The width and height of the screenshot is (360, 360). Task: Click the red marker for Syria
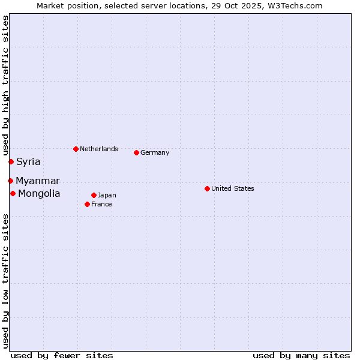(x=11, y=161)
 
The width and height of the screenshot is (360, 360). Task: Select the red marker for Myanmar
(x=10, y=181)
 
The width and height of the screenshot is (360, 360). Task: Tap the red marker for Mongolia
(x=13, y=193)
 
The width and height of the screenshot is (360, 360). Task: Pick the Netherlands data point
(x=76, y=149)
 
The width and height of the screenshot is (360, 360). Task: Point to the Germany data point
(x=136, y=152)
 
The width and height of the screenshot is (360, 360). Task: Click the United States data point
(x=207, y=188)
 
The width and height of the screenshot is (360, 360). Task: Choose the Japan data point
(x=94, y=195)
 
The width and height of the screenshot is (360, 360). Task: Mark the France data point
(x=87, y=204)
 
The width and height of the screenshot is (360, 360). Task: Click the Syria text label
(x=28, y=161)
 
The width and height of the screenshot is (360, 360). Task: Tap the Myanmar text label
(x=38, y=181)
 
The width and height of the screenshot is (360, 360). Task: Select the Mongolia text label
(x=39, y=193)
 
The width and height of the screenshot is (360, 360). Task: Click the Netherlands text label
(x=99, y=149)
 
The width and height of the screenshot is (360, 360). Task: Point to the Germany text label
(x=155, y=152)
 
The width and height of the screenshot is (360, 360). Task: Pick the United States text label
(x=233, y=188)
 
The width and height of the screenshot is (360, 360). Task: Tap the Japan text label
(x=107, y=195)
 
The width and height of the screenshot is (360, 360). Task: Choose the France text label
(x=101, y=204)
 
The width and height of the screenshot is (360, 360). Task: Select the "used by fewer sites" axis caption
(x=62, y=355)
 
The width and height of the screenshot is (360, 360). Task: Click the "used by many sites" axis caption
(x=301, y=355)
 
